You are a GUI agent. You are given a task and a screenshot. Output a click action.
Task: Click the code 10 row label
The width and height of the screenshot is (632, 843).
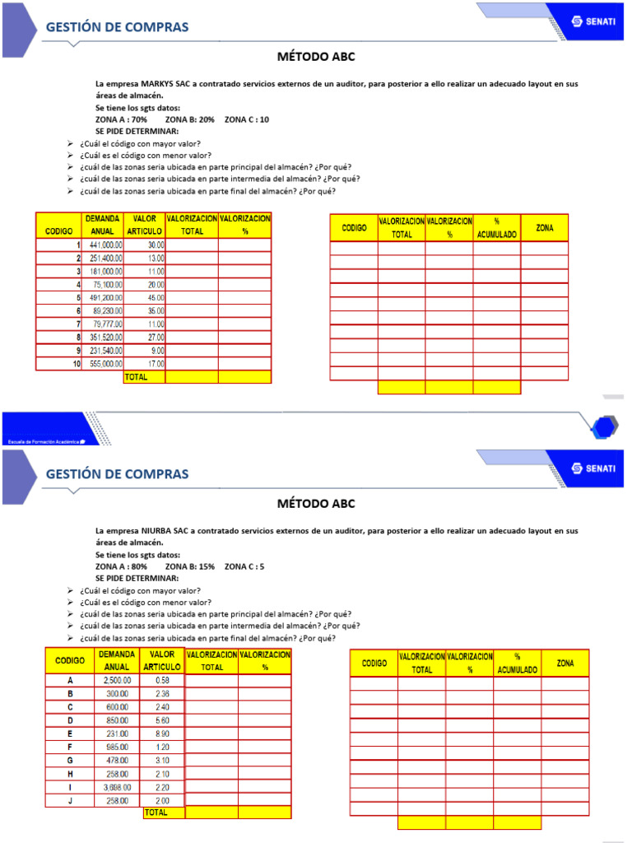pos(76,363)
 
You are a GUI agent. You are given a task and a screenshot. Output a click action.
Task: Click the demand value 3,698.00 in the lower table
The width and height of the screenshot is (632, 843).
pos(117,788)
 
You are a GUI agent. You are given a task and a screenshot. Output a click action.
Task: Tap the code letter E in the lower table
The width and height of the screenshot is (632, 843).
pos(70,734)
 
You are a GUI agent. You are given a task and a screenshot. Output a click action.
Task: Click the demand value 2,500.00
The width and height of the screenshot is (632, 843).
pos(117,680)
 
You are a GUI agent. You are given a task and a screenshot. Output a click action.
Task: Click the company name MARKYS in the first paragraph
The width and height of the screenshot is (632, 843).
pos(161,84)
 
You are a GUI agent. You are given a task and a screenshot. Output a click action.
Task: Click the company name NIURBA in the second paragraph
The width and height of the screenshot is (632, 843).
pos(160,531)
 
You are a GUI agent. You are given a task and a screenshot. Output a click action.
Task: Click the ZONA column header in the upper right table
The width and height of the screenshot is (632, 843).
pos(544,227)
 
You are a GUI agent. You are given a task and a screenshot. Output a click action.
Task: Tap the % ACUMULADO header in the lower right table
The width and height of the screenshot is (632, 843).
pos(517,664)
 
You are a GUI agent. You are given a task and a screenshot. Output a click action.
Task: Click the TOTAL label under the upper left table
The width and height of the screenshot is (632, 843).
pos(137,376)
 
